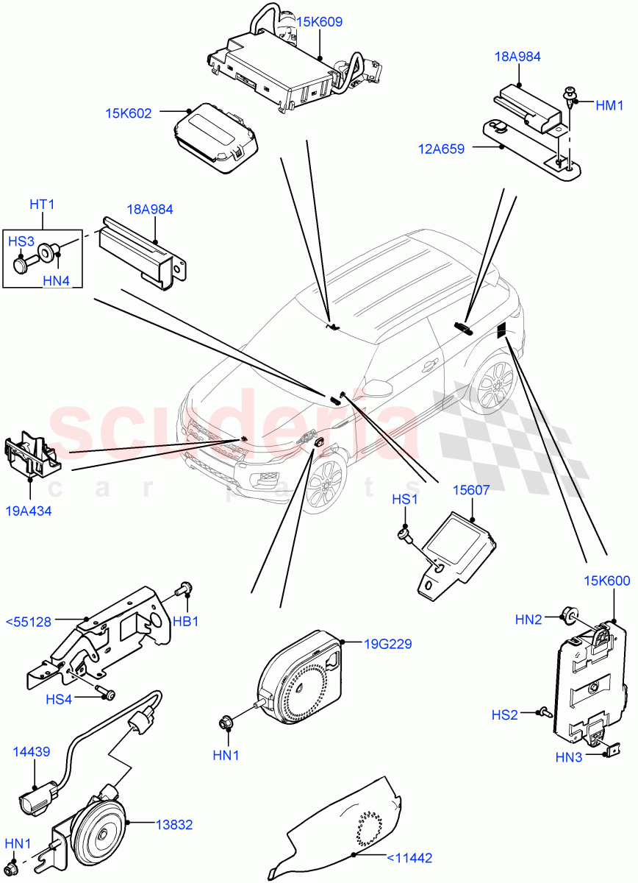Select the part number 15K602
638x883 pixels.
128,113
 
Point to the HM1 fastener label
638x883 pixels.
609,106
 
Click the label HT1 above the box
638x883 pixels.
43,204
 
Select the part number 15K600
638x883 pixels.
607,581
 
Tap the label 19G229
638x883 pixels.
388,645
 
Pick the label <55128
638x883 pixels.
29,622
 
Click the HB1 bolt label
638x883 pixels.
186,622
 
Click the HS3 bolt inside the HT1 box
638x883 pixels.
23,263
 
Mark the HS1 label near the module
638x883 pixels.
404,500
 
